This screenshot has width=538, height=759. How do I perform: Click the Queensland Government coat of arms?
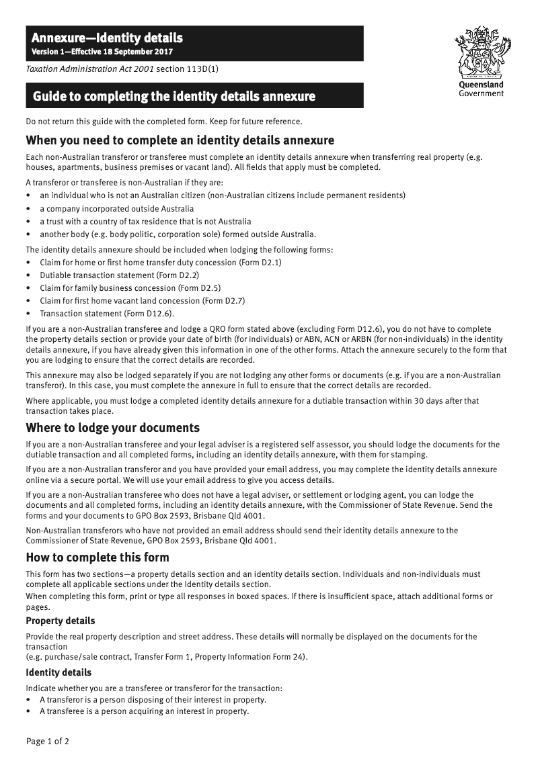[x=481, y=52]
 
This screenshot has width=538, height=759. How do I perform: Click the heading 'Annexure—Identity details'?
[x=107, y=38]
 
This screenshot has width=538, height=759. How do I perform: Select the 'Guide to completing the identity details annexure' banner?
[x=174, y=97]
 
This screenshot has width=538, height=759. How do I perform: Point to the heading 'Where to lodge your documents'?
[x=112, y=428]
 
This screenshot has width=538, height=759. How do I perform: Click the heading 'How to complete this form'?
[x=98, y=557]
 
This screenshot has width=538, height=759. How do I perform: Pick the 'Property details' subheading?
[x=61, y=621]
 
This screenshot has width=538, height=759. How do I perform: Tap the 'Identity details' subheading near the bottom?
[x=59, y=672]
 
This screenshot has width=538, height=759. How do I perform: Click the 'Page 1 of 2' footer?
[x=48, y=742]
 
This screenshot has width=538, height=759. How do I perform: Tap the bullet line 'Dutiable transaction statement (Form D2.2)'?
[x=119, y=275]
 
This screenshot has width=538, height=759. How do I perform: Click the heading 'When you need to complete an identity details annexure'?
[x=180, y=140]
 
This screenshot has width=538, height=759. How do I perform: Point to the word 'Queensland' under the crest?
[x=481, y=85]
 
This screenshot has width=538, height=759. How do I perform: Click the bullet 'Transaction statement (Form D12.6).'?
[x=106, y=313]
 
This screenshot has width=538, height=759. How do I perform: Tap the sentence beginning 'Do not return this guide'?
[x=163, y=122]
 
